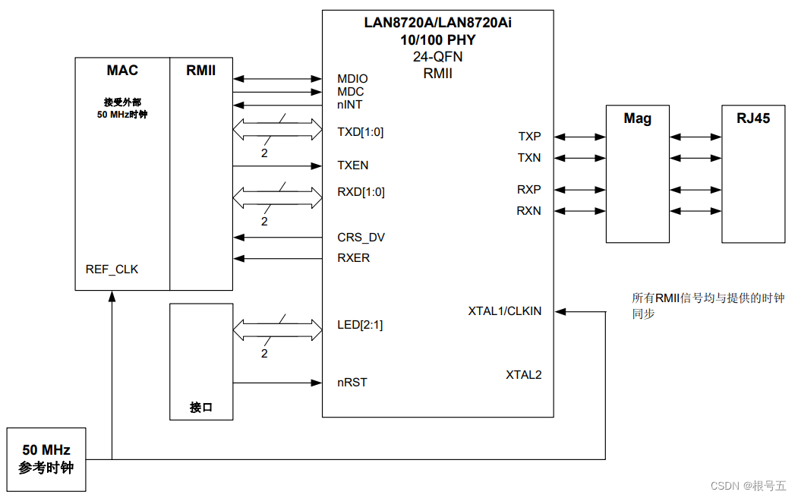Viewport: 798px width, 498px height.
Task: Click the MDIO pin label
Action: coord(352,79)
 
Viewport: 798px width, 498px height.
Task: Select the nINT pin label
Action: coord(349,105)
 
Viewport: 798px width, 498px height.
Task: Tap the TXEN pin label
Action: coord(353,165)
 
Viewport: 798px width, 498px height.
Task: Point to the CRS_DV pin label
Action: coord(361,238)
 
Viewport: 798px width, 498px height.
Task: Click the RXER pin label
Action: coord(353,258)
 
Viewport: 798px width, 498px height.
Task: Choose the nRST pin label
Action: coord(352,383)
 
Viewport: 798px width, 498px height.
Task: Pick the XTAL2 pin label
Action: coord(524,375)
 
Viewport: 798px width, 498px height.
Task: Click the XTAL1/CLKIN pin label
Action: coord(505,310)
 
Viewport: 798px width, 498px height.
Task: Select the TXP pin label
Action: coord(529,137)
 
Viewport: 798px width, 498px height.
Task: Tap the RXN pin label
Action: coord(528,210)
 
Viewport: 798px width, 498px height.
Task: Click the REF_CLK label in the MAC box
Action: coord(112,269)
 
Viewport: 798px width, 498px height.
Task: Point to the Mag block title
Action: coord(637,118)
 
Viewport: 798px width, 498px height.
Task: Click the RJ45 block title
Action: coord(753,118)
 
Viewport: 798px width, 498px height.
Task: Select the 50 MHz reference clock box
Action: coord(46,459)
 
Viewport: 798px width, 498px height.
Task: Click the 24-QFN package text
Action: coord(437,56)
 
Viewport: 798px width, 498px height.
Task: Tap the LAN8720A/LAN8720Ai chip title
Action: coord(437,23)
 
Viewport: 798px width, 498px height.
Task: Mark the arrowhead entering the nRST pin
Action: coord(317,383)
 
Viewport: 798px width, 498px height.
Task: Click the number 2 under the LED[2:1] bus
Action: coord(264,354)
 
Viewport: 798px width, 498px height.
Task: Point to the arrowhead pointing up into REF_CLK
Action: coord(112,296)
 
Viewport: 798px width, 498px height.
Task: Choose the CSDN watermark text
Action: coord(748,486)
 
